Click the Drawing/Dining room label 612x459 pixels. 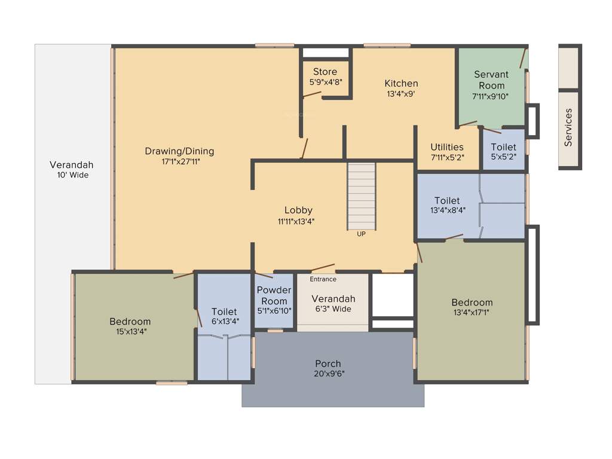179,151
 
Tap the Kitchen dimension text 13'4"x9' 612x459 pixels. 401,94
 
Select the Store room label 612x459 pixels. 325,72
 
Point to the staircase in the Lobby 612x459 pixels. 362,195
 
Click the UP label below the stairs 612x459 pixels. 361,234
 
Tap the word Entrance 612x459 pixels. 323,279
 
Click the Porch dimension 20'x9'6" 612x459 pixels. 328,374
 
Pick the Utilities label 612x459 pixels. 447,147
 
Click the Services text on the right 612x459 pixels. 568,127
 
